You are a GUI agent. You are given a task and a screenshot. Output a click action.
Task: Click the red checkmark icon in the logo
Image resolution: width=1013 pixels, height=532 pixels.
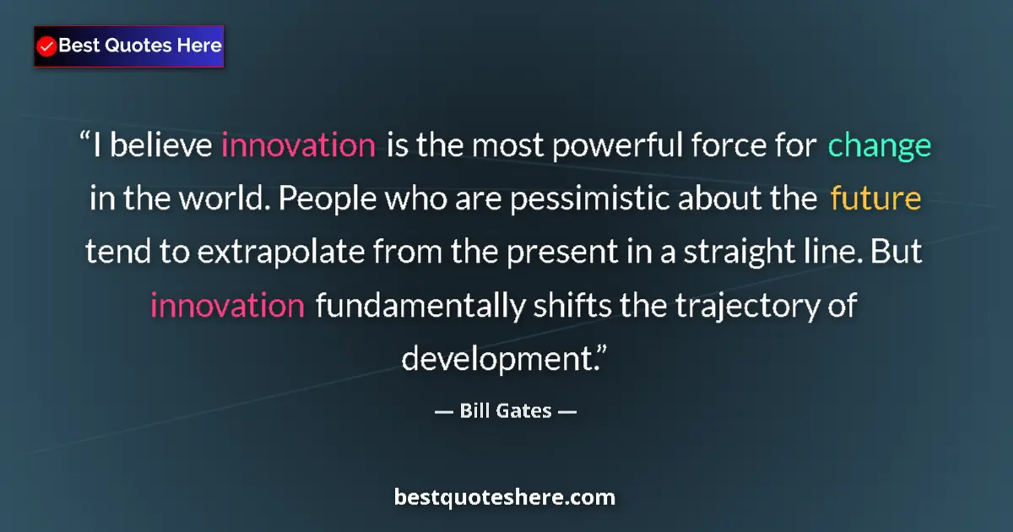(x=47, y=46)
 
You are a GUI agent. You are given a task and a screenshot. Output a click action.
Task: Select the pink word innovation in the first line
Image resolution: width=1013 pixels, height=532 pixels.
(x=298, y=146)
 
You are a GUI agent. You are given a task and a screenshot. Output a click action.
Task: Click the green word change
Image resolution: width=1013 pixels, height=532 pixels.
(x=880, y=146)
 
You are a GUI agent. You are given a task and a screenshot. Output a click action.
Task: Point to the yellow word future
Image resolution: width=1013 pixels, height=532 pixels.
(x=875, y=200)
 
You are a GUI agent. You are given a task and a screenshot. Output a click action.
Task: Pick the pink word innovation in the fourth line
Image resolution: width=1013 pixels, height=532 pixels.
(x=227, y=305)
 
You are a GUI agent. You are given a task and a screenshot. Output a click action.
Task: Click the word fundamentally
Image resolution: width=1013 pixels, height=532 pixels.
(x=420, y=305)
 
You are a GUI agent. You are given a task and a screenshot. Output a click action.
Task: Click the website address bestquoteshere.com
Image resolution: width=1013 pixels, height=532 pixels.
(x=505, y=497)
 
